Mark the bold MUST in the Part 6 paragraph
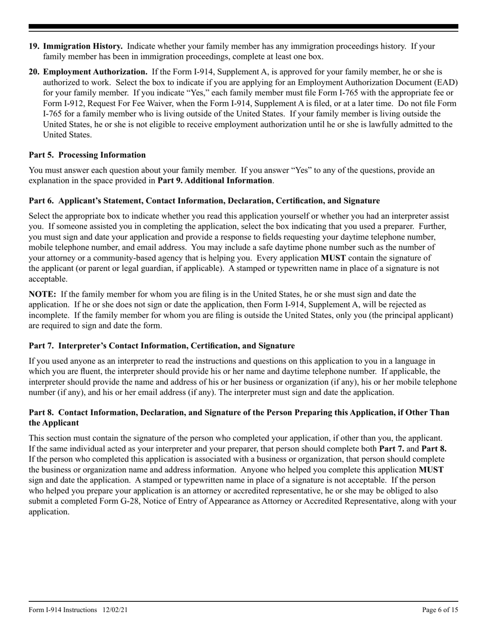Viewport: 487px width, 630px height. click(x=333, y=258)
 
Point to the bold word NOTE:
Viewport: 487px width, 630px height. click(x=43, y=294)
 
